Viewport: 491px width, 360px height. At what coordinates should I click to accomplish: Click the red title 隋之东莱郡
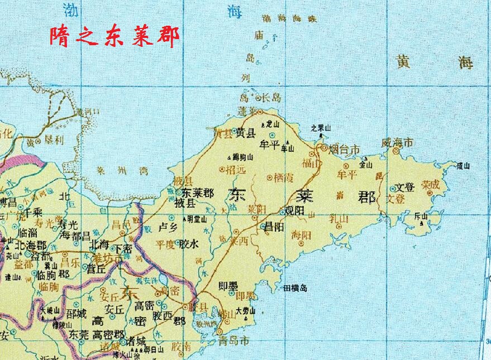[115, 37]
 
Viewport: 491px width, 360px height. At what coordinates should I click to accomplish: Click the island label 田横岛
[295, 288]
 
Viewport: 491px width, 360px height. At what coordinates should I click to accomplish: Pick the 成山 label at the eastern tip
[463, 165]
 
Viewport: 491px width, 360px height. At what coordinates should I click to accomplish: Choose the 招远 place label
[236, 170]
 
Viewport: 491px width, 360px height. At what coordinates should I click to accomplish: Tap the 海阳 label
[301, 236]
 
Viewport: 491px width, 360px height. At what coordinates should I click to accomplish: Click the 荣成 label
[430, 184]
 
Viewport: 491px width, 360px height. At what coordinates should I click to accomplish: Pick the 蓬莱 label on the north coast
[246, 110]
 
